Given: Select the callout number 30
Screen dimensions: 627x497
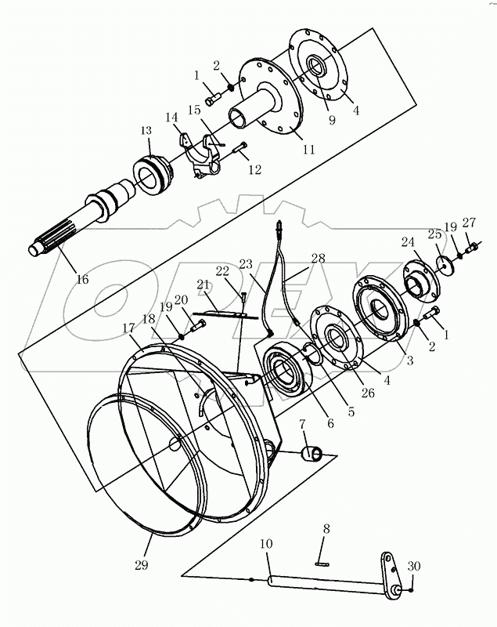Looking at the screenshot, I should (x=414, y=567).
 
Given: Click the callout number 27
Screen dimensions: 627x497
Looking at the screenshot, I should (x=468, y=222).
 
